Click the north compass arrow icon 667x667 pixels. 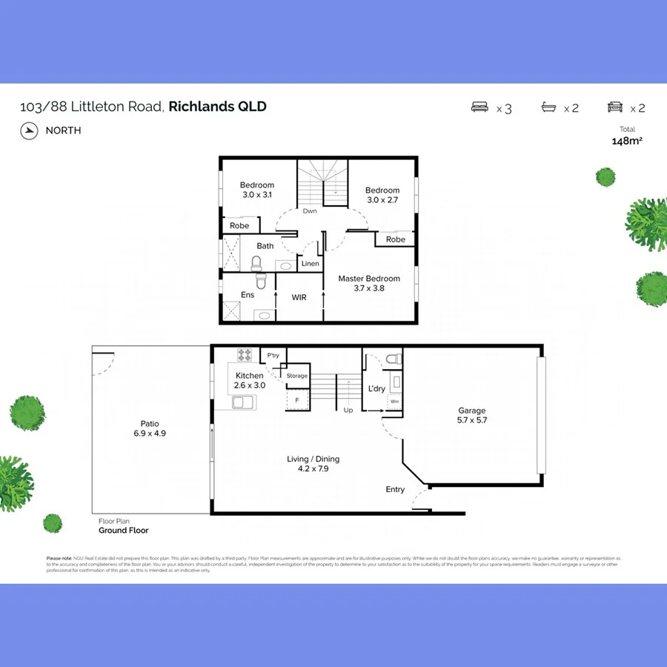30,130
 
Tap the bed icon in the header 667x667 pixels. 480,107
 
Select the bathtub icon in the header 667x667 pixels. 549,107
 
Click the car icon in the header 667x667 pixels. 615,107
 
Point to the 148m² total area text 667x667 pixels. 626,141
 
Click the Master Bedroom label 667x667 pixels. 369,279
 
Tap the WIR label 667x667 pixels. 299,297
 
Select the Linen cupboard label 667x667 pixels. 311,264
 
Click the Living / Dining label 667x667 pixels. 313,459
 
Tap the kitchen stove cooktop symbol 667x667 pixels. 244,354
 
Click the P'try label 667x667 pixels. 273,356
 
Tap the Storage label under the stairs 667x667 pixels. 297,376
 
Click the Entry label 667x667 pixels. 395,489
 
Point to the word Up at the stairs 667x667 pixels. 348,410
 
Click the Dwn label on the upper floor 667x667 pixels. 310,211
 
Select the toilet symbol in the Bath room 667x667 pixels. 256,263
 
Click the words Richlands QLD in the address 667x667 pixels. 217,106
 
